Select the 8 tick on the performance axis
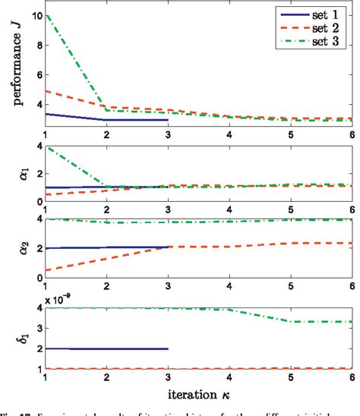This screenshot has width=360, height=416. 39,43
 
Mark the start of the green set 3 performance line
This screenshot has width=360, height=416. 46,15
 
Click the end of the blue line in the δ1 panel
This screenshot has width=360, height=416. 168,348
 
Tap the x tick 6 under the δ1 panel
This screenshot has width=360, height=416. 351,376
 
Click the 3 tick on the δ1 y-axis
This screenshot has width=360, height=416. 39,328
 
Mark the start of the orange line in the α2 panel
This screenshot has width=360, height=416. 46,270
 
